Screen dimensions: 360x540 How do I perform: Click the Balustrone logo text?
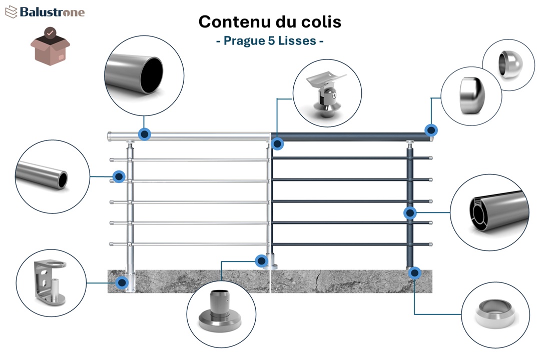point(52,12)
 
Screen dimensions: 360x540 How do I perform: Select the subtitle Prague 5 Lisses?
point(269,40)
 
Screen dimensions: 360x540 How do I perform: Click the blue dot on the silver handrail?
point(145,134)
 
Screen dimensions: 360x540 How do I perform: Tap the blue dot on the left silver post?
point(119,176)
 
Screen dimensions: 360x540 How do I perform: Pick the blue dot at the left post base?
point(122,282)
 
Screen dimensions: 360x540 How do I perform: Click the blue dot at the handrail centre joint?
point(278,144)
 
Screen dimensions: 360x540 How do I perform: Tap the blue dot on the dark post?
point(410,213)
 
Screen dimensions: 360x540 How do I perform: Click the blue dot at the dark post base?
point(414,272)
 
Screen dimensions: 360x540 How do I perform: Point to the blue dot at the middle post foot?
point(261,260)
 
